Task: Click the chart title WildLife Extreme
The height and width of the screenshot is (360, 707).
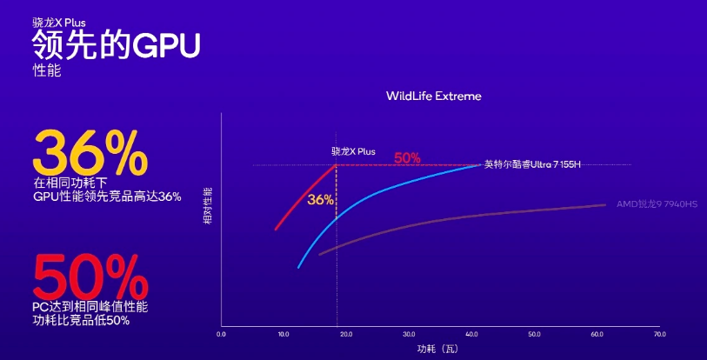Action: pyautogui.click(x=433, y=96)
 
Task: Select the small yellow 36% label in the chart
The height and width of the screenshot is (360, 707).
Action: pyautogui.click(x=320, y=199)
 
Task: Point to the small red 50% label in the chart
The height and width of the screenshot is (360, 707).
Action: pyautogui.click(x=407, y=158)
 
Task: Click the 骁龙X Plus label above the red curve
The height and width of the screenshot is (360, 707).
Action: pyautogui.click(x=353, y=150)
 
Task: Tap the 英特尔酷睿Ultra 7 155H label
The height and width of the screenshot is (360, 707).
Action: pyautogui.click(x=531, y=164)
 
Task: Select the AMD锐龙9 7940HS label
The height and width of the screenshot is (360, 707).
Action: pyautogui.click(x=657, y=204)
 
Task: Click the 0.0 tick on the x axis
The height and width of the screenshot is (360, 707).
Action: pyautogui.click(x=221, y=334)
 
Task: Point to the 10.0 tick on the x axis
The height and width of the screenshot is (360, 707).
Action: pyautogui.click(x=283, y=334)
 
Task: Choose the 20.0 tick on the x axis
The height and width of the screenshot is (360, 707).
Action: pyautogui.click(x=346, y=334)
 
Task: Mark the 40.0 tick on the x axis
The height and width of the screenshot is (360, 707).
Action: pyautogui.click(x=471, y=334)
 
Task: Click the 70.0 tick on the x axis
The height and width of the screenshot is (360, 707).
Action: pyautogui.click(x=659, y=334)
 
